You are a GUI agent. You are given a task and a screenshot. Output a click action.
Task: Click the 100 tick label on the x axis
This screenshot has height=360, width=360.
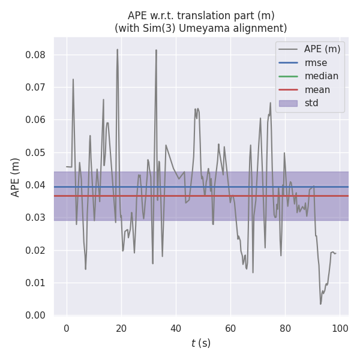coord(340,328)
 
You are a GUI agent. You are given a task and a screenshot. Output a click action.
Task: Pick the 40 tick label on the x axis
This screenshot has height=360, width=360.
coord(176,328)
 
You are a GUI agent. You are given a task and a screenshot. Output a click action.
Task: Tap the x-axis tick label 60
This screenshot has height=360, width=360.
coord(230,328)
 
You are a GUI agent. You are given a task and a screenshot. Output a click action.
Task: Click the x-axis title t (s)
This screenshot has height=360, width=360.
coord(201,343)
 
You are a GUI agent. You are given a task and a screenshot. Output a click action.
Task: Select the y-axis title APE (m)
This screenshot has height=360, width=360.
coord(16,177)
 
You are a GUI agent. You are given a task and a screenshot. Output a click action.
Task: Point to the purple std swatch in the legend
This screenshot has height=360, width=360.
coord(288,103)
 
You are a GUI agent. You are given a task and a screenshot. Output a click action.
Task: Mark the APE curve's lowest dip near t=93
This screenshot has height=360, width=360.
coord(320,304)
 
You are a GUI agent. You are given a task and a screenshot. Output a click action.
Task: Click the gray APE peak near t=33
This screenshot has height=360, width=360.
coord(156,50)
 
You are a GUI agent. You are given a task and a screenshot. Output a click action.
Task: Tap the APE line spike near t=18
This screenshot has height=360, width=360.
coord(117,50)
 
